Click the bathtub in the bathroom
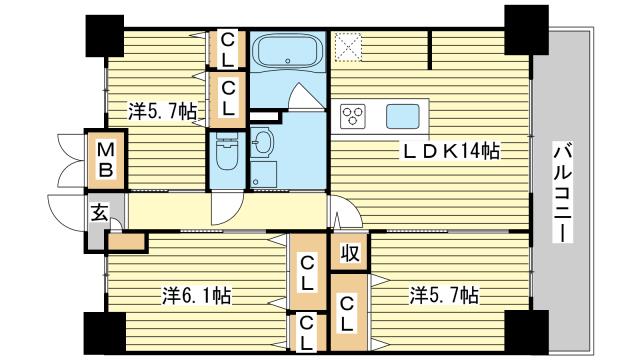coord(288,51)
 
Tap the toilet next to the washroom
coord(227,151)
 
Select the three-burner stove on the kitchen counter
coord(353,116)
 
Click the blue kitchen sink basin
coord(403,116)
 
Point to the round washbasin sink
coord(262,142)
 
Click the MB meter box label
coord(106,159)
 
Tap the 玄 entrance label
coord(100,212)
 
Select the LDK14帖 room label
coord(451,151)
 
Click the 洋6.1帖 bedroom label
coord(197,296)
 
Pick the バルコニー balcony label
coord(563,192)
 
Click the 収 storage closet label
coord(350,253)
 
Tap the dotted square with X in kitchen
coord(348,47)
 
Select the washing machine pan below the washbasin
coord(264,175)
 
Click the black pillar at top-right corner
coord(527,30)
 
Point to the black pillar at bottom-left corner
coord(105,333)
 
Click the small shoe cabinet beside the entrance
coord(126,242)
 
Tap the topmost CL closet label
coord(227,50)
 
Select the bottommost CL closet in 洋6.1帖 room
coord(308,333)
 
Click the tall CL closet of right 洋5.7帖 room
coord(349,313)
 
